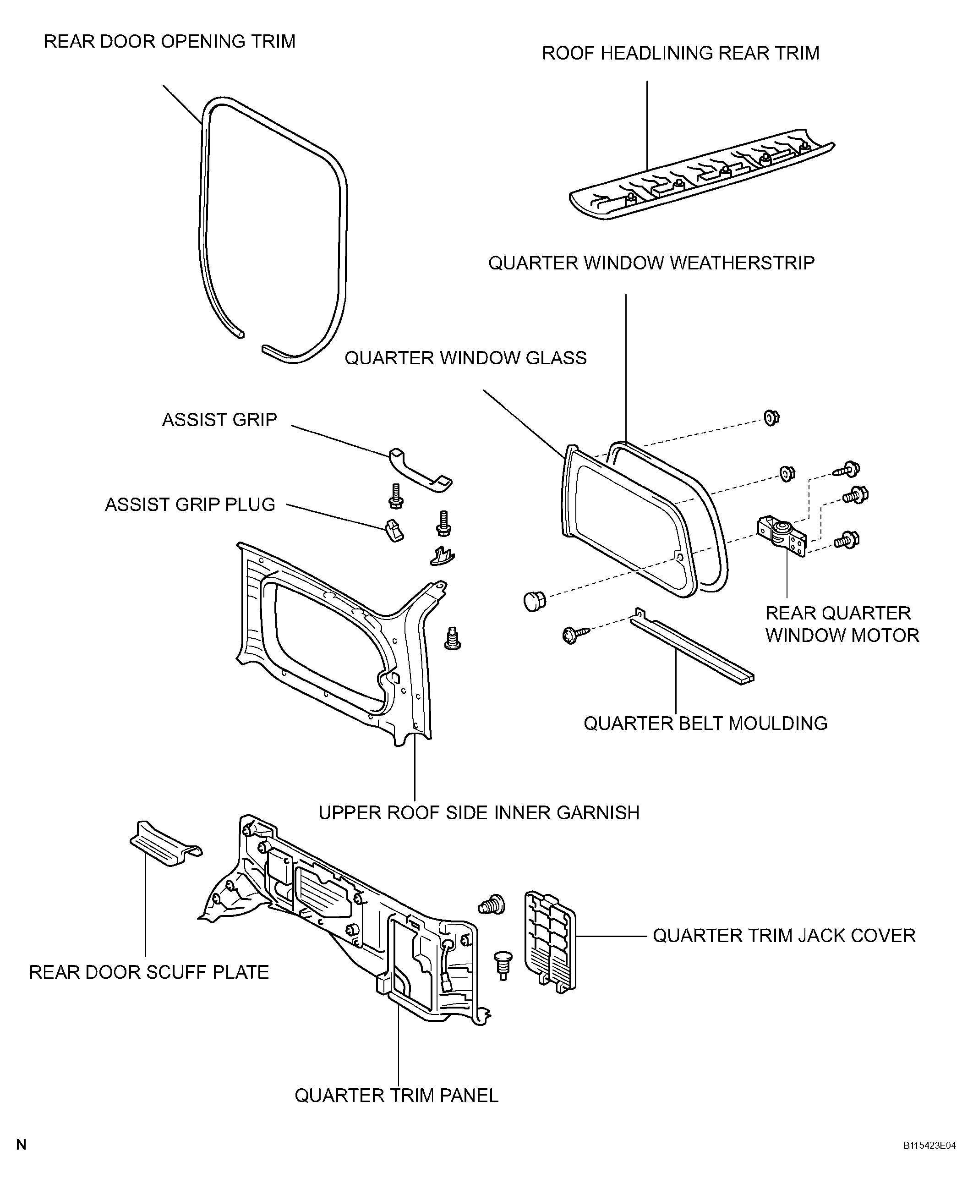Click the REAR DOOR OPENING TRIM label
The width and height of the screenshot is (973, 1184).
[x=169, y=42]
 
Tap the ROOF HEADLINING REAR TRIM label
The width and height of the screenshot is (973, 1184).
[x=680, y=53]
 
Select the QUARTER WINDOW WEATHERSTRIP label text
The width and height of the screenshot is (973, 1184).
[x=651, y=263]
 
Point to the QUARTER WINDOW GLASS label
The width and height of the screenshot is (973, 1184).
[x=465, y=358]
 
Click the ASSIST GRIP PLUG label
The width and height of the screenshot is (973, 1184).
[x=190, y=504]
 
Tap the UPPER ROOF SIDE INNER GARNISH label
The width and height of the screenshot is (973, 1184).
[x=479, y=812]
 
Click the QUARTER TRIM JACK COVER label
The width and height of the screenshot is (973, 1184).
[x=783, y=936]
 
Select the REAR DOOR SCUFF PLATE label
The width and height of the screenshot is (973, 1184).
[x=148, y=972]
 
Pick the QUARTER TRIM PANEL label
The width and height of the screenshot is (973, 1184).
[x=396, y=1096]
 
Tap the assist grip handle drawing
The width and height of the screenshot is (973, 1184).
[x=420, y=470]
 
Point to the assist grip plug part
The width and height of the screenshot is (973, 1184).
[x=394, y=529]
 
